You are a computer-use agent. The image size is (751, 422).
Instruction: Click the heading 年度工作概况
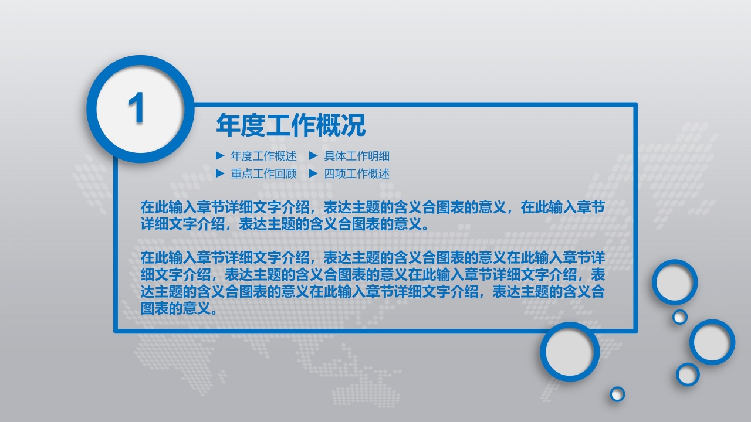(291, 125)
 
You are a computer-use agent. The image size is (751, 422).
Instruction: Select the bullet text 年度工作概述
(263, 156)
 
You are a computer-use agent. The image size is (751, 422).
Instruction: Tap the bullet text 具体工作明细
(357, 156)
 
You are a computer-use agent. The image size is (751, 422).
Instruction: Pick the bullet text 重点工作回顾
(263, 173)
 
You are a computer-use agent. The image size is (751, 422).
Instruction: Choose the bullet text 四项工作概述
(357, 173)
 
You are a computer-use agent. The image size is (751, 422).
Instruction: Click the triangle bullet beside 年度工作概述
(220, 156)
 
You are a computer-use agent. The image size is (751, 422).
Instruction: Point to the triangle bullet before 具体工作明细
(313, 156)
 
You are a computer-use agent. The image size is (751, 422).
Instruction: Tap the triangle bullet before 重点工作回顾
(220, 173)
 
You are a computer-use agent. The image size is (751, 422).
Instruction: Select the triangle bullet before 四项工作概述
(313, 173)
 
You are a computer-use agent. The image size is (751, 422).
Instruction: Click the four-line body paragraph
(373, 283)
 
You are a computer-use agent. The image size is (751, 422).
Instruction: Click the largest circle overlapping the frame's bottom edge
(570, 352)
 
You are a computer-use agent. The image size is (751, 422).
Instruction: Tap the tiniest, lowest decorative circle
(617, 394)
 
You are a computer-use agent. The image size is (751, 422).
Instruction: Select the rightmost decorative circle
(712, 342)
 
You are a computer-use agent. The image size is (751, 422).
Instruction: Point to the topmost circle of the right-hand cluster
(675, 282)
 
